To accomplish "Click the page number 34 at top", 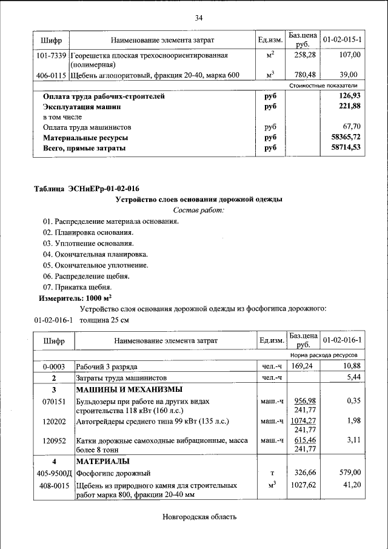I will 198,17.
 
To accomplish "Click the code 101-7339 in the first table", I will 51,55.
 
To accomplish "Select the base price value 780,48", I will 301,75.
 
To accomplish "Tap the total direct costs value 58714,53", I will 346,148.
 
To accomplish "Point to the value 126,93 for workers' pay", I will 350,96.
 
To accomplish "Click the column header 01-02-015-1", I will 343,39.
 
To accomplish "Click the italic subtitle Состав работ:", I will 198,210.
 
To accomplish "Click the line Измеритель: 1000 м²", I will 75,298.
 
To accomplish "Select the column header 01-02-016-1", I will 343,340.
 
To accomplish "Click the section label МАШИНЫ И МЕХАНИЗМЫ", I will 129,389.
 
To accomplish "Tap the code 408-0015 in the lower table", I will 53,486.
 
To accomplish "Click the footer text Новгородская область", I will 198,517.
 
